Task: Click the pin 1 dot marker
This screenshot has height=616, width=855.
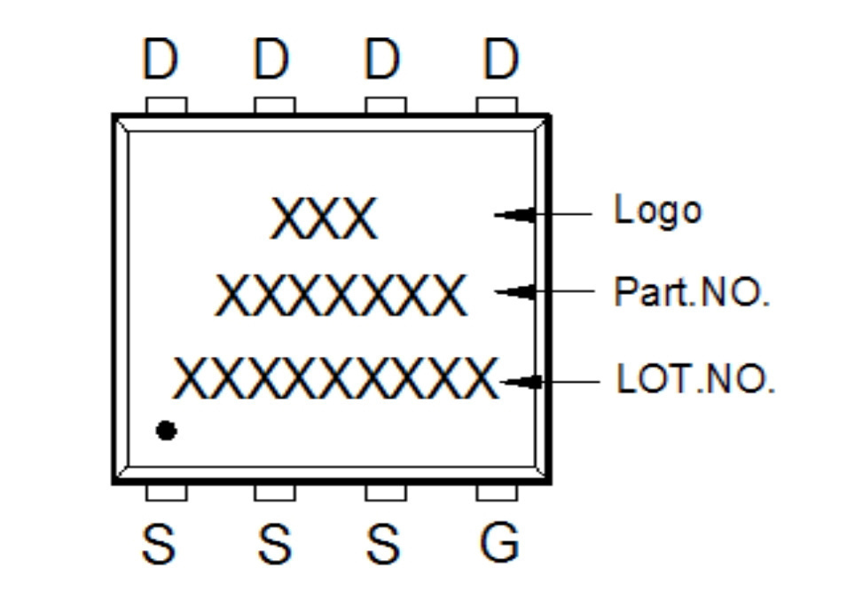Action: click(x=167, y=430)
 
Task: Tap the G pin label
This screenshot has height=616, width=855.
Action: click(x=499, y=542)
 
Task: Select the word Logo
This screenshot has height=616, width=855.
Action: click(x=658, y=209)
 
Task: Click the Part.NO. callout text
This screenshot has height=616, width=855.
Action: click(x=692, y=292)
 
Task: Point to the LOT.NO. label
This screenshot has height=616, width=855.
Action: click(x=695, y=378)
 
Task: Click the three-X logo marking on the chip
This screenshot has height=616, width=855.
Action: click(x=324, y=218)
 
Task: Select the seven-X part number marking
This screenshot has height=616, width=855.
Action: click(x=341, y=296)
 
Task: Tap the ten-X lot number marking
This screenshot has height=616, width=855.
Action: click(x=336, y=377)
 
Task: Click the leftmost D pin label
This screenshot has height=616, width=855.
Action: click(x=161, y=59)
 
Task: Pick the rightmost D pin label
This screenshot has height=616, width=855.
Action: click(x=500, y=59)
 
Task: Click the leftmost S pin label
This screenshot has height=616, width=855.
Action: click(x=159, y=543)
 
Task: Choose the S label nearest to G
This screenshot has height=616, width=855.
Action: click(x=383, y=543)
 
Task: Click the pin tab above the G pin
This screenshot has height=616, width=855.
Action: click(x=497, y=493)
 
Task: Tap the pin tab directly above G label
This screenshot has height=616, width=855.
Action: click(x=497, y=493)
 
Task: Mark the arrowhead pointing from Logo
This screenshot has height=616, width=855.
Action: click(x=514, y=215)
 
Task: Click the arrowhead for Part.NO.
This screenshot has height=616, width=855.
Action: click(x=514, y=292)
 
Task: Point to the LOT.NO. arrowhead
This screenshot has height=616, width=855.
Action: click(x=521, y=382)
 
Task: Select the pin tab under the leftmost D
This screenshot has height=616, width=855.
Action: click(x=167, y=106)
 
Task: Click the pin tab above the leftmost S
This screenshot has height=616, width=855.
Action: click(x=167, y=493)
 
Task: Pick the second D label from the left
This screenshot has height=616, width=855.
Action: click(x=271, y=59)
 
